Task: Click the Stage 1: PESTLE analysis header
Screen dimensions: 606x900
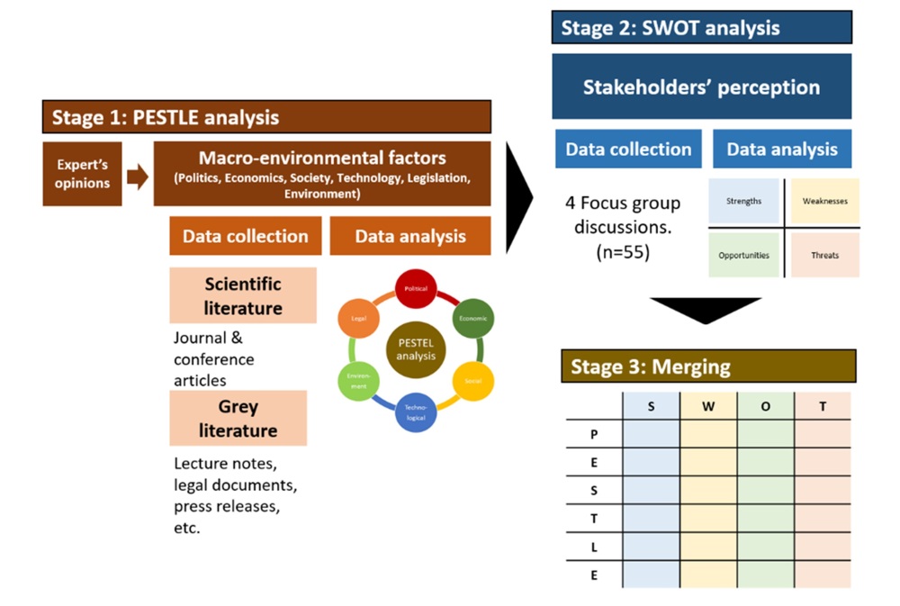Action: [266, 117]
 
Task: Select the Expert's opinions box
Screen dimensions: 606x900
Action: [82, 174]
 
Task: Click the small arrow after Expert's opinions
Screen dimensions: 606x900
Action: [138, 176]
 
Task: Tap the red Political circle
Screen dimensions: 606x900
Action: [415, 290]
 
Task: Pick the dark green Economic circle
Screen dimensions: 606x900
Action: [472, 319]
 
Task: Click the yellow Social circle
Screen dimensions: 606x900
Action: [472, 381]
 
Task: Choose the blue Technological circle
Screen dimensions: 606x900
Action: [415, 412]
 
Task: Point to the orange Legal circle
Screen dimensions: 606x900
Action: [358, 320]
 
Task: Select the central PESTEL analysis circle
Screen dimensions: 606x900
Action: [415, 349]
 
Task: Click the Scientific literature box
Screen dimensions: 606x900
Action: [243, 295]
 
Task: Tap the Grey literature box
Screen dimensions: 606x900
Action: [238, 418]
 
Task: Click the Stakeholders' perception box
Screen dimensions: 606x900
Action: [701, 87]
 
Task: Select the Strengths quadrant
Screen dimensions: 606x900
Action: [743, 202]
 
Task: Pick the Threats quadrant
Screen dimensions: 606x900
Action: [824, 255]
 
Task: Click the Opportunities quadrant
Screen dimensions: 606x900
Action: [743, 255]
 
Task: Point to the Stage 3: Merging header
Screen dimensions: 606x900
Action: [707, 366]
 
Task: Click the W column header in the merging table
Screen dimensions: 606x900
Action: [707, 407]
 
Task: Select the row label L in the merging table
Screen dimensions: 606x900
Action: [594, 546]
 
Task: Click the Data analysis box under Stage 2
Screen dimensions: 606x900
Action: [782, 149]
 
